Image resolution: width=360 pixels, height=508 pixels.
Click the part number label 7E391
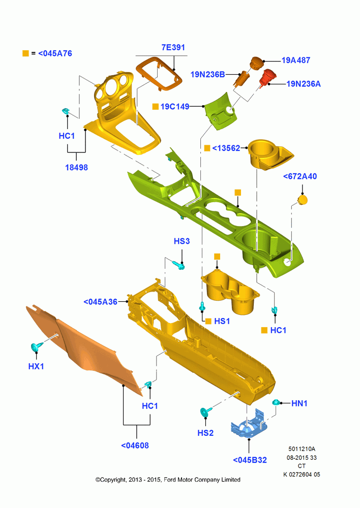coord(173,47)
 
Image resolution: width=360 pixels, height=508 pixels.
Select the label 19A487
coord(296,60)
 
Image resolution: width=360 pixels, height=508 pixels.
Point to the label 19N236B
coord(207,75)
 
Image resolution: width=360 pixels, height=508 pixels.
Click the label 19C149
coord(175,107)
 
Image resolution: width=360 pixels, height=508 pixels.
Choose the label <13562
coord(226,148)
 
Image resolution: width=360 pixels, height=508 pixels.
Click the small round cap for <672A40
coord(303,200)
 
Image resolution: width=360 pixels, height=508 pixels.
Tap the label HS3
coord(182,241)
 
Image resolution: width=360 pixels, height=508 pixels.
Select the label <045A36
coord(101,302)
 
